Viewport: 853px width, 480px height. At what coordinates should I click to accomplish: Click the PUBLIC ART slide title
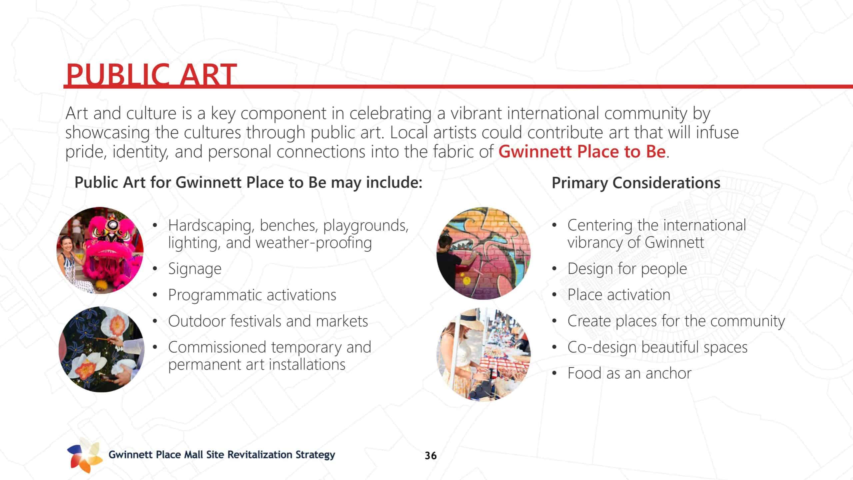pos(151,75)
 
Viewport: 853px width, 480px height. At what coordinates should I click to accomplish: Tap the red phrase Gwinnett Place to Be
pos(582,152)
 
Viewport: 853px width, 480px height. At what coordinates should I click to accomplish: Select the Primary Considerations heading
pos(636,183)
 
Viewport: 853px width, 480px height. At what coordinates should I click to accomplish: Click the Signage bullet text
pos(195,269)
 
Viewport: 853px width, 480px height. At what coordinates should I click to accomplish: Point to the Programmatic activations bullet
pos(252,295)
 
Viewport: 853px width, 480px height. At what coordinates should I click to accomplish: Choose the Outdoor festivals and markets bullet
pos(268,321)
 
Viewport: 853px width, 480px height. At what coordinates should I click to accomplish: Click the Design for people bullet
pos(627,269)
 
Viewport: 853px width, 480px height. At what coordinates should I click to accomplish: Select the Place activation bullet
pos(619,295)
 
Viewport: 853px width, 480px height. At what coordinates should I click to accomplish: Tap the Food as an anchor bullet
pos(629,373)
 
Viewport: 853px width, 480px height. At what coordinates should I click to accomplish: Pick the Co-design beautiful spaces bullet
pos(657,347)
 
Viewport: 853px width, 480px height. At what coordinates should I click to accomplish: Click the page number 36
pos(430,456)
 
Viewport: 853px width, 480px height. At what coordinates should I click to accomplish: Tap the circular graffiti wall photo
pos(483,253)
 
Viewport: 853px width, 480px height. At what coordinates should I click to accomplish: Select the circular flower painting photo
pos(102,349)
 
